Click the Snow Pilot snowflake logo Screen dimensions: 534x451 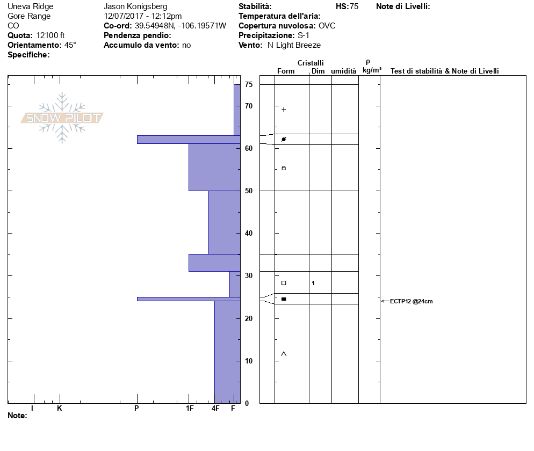pos(62,118)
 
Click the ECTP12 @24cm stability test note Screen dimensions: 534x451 pos(411,301)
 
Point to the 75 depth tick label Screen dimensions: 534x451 pos(249,84)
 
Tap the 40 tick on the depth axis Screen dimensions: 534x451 pos(249,233)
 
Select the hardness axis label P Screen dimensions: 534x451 pos(136,408)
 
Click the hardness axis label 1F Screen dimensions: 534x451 pos(190,408)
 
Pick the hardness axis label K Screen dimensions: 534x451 pos(60,408)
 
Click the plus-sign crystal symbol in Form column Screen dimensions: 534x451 pos(284,110)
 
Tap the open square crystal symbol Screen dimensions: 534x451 pos(284,283)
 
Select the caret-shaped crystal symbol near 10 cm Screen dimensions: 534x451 pos(284,354)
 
